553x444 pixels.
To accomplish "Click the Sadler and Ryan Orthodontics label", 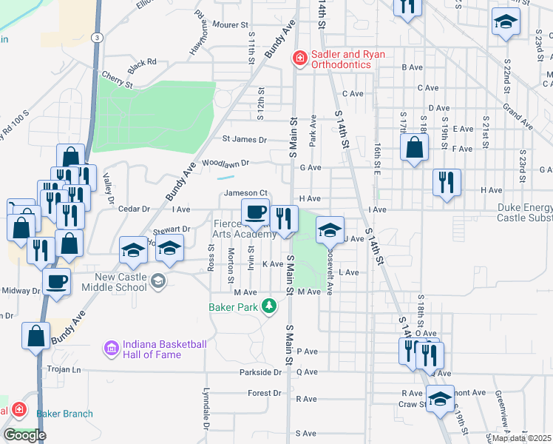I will pyautogui.click(x=340, y=59).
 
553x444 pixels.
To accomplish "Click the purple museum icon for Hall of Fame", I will pyautogui.click(x=111, y=347).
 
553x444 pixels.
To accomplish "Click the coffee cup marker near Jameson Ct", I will pyautogui.click(x=256, y=213).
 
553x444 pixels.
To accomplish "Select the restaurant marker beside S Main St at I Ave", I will pyautogui.click(x=284, y=218).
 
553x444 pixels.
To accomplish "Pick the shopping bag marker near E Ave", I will pyautogui.click(x=415, y=147).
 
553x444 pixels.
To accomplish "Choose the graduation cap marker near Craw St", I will pyautogui.click(x=441, y=400).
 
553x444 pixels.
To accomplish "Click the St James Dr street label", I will pyautogui.click(x=245, y=139).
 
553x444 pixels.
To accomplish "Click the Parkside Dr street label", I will pyautogui.click(x=261, y=372).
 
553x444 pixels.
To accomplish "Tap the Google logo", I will pyautogui.click(x=24, y=435).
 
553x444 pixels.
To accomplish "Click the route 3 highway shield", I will pyautogui.click(x=97, y=36).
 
